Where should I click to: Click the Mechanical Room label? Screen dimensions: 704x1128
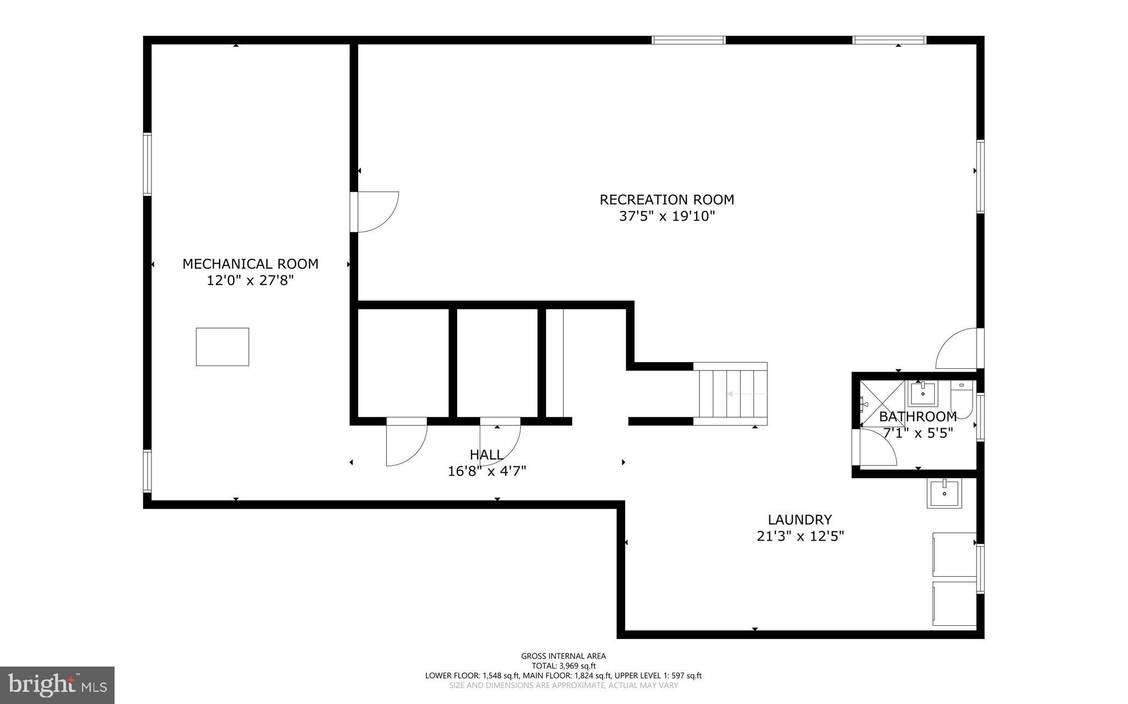[250, 264]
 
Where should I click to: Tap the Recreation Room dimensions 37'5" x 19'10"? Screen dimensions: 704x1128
[666, 216]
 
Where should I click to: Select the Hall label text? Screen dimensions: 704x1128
[486, 455]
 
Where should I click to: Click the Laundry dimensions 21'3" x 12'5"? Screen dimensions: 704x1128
[800, 536]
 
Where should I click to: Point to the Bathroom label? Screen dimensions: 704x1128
[917, 417]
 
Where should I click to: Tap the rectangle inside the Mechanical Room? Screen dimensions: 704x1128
[223, 347]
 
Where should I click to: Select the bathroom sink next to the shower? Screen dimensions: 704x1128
[923, 394]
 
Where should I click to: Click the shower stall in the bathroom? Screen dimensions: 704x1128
[881, 403]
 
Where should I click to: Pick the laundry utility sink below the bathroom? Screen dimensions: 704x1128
[944, 493]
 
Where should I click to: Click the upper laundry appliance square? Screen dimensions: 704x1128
[954, 554]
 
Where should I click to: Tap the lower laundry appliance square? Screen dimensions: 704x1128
[954, 603]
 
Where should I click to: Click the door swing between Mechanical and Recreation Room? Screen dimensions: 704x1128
[377, 212]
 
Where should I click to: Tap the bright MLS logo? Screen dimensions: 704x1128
[57, 685]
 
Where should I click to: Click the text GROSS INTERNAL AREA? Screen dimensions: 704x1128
[563, 656]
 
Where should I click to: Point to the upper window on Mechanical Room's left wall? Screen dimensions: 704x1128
[147, 164]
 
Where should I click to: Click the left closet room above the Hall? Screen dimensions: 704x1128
[403, 363]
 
